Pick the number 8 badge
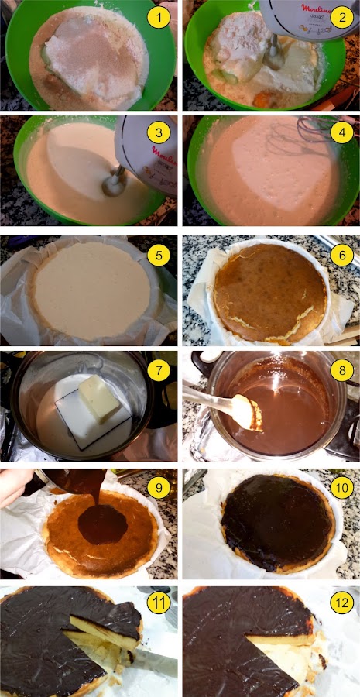click(x=341, y=370)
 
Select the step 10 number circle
click(x=341, y=486)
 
